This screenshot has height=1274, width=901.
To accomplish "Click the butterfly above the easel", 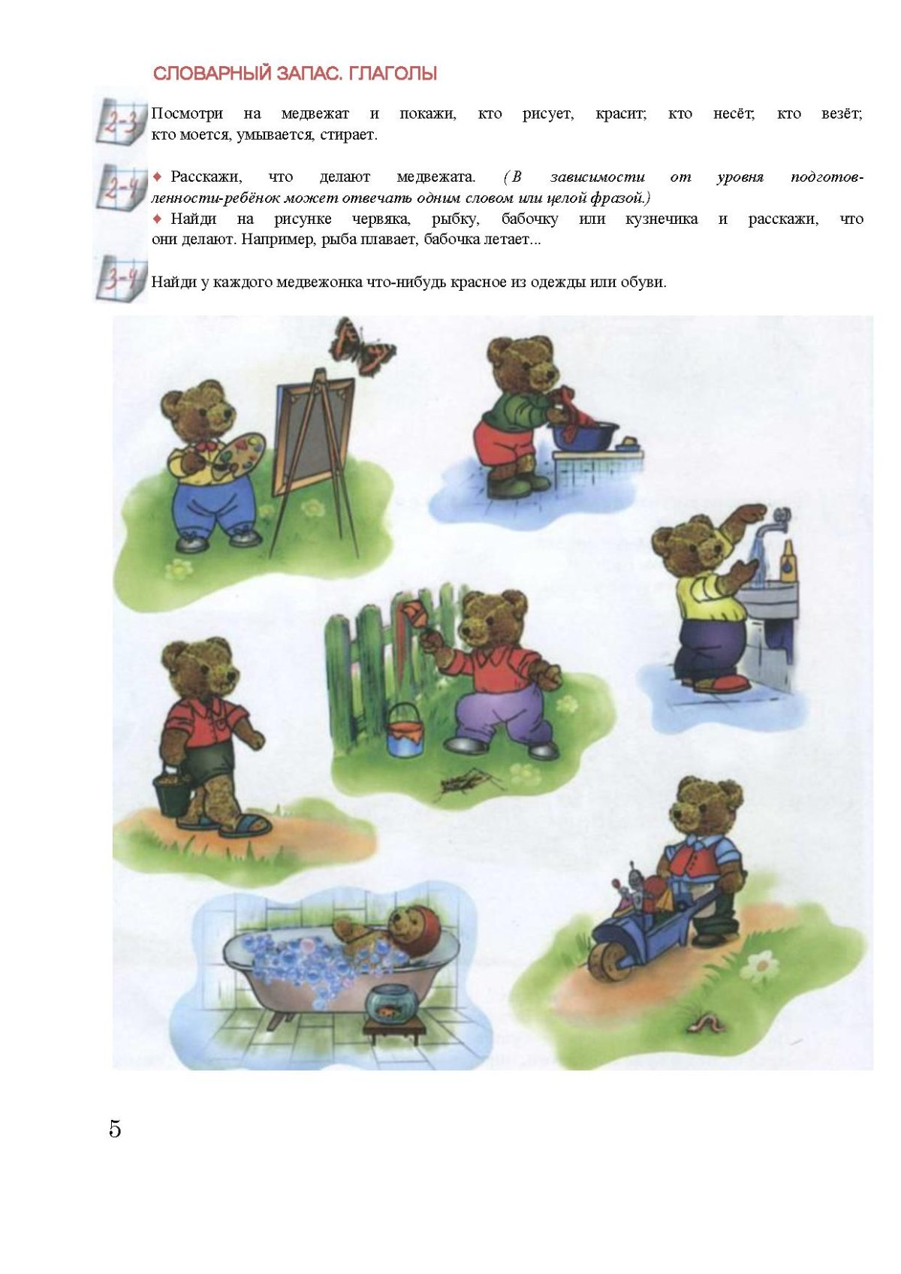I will click(x=363, y=346).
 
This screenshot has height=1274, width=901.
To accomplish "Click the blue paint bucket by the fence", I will click(x=405, y=731).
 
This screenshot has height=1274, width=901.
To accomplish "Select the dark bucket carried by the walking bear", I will click(x=173, y=792).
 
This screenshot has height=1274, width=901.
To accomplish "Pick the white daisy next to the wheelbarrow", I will click(x=761, y=965).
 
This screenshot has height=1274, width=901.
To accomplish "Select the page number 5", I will click(x=115, y=1129).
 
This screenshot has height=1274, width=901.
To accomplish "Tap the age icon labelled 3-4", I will click(x=121, y=279).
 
